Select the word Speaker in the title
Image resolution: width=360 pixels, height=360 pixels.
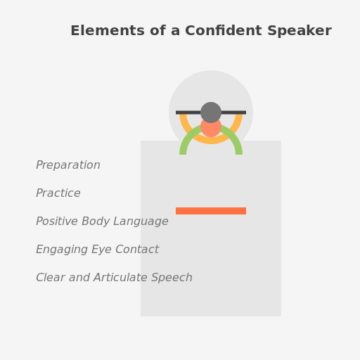click(299, 31)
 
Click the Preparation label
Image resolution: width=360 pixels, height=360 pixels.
click(68, 165)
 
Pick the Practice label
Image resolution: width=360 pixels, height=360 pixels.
click(58, 193)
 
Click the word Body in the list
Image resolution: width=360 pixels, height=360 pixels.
click(100, 221)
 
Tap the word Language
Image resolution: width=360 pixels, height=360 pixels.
click(143, 221)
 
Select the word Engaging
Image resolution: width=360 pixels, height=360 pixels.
click(62, 250)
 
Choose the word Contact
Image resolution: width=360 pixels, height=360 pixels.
click(139, 250)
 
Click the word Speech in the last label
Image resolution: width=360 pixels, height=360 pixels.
click(172, 278)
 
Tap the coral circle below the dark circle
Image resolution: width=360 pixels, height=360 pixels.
click(211, 129)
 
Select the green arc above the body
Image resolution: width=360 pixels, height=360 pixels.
click(185, 141)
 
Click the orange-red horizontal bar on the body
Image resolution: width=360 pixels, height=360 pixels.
click(211, 211)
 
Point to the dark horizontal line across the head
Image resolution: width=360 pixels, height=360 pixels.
click(187, 112)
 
